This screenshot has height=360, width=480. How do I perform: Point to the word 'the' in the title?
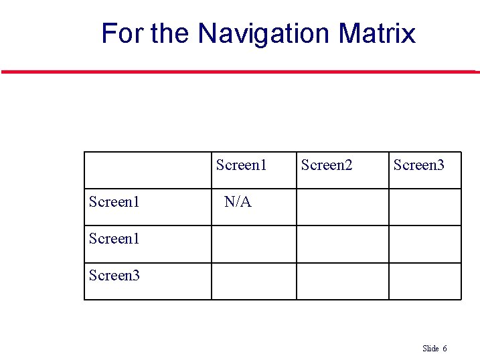(171, 33)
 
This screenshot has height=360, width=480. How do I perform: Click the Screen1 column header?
(241, 165)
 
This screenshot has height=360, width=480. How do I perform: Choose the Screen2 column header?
(327, 165)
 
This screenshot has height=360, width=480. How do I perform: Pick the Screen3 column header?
(418, 165)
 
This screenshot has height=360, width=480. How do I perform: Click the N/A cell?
(238, 201)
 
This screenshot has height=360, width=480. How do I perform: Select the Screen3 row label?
(114, 275)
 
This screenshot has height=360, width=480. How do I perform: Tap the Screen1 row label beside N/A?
(114, 201)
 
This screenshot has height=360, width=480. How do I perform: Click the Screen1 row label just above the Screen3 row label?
(114, 238)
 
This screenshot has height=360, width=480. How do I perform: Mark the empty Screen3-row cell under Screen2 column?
(342, 281)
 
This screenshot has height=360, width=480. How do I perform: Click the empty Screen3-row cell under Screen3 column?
(424, 281)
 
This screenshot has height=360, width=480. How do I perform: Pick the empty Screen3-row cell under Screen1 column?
(254, 281)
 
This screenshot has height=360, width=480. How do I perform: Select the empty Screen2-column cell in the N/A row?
(342, 207)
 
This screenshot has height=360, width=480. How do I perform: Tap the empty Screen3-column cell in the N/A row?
(424, 207)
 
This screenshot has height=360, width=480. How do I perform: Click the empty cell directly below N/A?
(254, 244)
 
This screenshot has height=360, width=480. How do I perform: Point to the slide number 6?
(445, 349)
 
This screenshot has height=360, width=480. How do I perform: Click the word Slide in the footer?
(430, 349)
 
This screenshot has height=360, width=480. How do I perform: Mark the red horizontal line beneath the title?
(240, 72)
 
